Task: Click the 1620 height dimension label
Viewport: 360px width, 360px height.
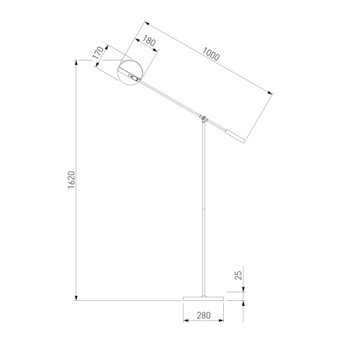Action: [x=71, y=180]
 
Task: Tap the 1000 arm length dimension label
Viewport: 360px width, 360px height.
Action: [x=211, y=54]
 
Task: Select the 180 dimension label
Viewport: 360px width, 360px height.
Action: [x=149, y=41]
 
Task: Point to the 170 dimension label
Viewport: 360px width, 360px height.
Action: [x=99, y=53]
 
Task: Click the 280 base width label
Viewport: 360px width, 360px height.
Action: [x=204, y=315]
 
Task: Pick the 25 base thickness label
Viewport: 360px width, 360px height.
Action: [x=238, y=275]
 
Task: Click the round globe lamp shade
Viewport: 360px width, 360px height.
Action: [x=130, y=72]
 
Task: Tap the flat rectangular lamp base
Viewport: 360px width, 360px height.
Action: [x=203, y=299]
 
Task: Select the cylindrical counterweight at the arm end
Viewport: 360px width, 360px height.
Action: [x=235, y=136]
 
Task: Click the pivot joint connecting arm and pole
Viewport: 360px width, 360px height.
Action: [x=204, y=118]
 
